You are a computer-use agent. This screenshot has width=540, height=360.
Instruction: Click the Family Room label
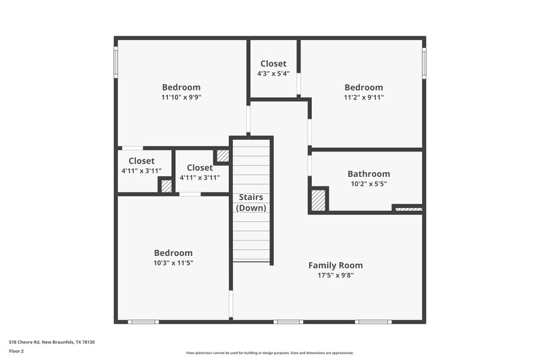click(335, 265)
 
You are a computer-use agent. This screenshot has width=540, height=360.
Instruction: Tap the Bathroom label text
click(369, 174)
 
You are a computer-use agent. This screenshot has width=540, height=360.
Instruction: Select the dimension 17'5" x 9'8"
click(335, 276)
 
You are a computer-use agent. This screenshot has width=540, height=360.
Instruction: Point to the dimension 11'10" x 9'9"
click(181, 97)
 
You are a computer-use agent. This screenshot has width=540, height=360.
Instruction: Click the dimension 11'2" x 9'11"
click(364, 97)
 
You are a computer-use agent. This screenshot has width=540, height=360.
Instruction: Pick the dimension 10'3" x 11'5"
click(173, 263)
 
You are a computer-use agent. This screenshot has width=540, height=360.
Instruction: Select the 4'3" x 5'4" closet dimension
click(273, 74)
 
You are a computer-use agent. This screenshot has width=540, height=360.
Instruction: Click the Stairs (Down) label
click(251, 203)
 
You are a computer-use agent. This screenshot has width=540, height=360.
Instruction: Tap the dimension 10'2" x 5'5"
click(369, 184)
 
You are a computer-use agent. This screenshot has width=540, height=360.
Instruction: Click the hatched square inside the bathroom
click(318, 200)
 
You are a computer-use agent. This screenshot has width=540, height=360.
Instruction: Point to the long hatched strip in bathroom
click(408, 209)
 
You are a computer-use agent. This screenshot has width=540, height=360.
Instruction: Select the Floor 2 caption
click(16, 351)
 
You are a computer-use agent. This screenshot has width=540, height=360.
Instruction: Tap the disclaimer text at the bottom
click(269, 353)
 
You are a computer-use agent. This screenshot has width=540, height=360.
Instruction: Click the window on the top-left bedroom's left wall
click(116, 61)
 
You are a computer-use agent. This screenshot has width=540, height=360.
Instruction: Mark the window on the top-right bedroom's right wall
click(423, 62)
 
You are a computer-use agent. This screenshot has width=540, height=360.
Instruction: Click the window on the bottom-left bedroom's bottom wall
click(143, 322)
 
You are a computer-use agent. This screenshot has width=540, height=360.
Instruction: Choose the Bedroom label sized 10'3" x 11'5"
click(173, 253)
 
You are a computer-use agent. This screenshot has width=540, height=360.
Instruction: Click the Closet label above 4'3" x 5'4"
click(273, 63)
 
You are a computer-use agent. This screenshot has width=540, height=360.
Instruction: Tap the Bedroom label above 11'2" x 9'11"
click(364, 87)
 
